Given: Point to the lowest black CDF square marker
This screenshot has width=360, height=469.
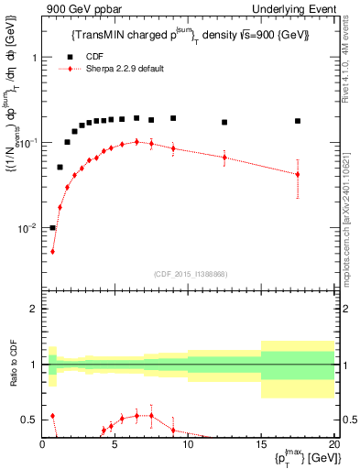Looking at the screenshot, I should tap(52, 227).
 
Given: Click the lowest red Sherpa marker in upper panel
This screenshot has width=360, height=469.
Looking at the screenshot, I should tap(52, 251).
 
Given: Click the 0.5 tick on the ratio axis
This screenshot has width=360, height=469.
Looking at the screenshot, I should tap(32, 420).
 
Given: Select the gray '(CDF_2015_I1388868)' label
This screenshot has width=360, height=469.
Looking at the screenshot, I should tap(189, 274).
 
